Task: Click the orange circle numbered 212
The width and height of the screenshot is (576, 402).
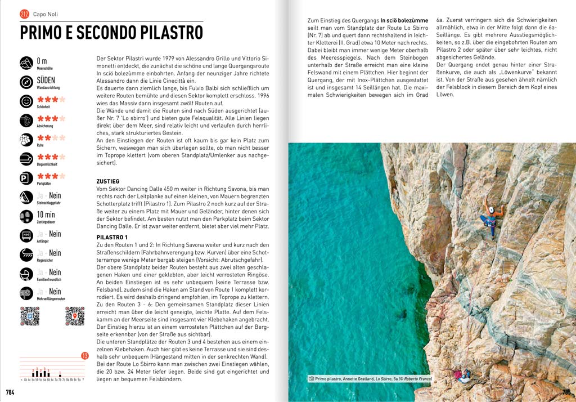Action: tap(25, 14)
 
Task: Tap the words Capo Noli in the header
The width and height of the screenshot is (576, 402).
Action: tap(45, 14)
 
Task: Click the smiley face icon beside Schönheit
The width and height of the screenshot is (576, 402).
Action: tap(26, 102)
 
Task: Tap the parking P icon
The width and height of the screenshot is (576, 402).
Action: tap(26, 179)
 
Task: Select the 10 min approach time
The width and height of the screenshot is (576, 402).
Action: tap(46, 215)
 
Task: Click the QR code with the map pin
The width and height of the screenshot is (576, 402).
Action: tap(74, 316)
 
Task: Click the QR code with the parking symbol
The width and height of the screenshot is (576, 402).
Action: tap(29, 316)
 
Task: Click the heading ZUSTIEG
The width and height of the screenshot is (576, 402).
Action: tap(108, 180)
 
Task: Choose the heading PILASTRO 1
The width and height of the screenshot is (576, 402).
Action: tap(112, 237)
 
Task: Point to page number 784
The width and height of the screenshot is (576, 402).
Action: tap(10, 392)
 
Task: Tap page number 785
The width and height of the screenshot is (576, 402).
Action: tap(566, 392)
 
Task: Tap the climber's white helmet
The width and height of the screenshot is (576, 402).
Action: tap(491, 210)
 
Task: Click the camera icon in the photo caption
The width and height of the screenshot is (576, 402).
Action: tap(311, 379)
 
